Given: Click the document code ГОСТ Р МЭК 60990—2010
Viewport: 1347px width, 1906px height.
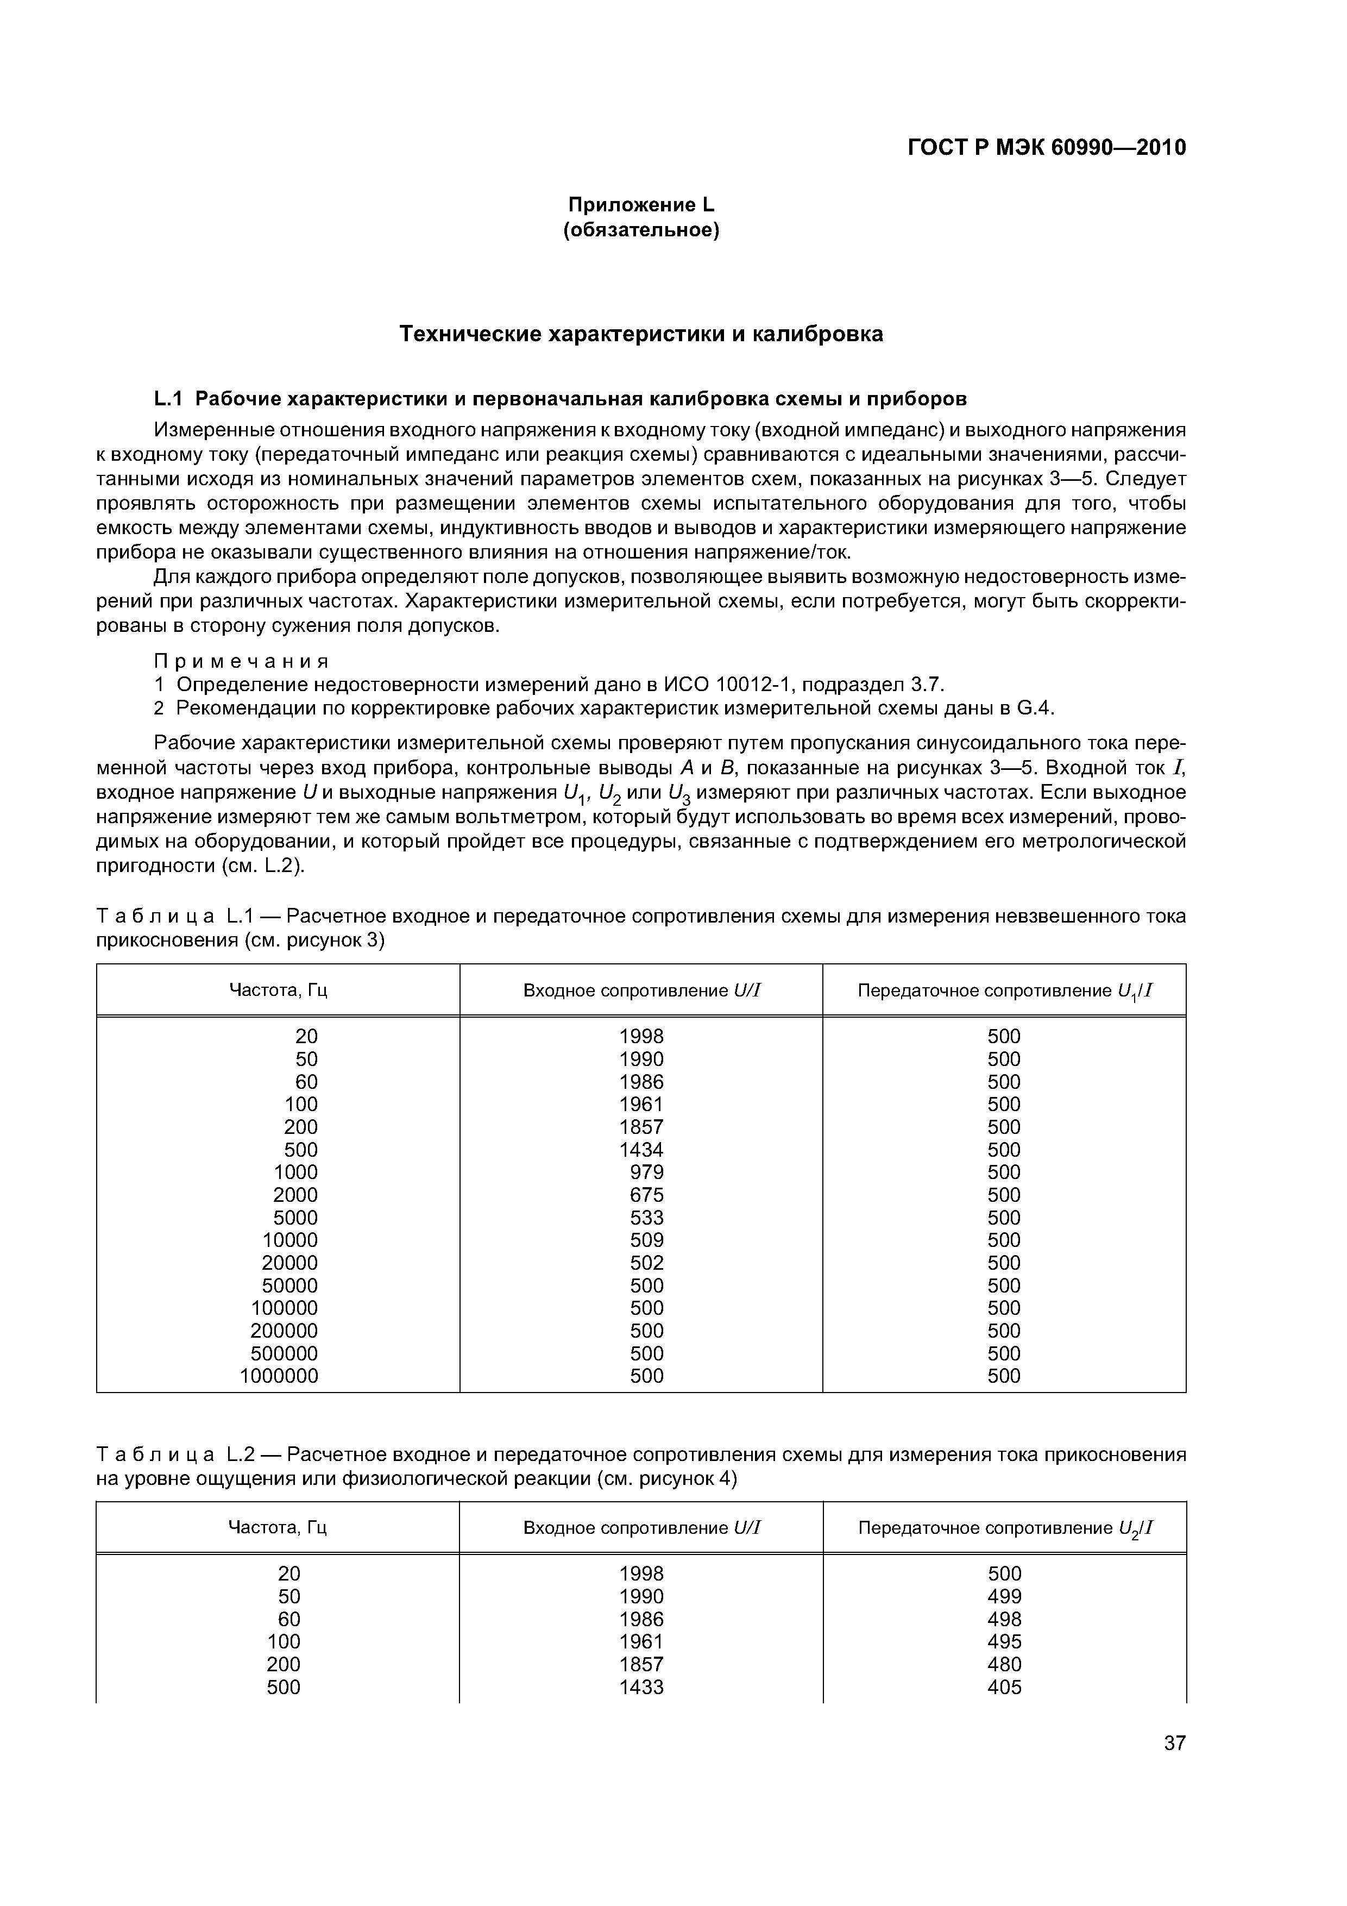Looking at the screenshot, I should (1047, 148).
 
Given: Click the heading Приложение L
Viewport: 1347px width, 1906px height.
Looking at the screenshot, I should (641, 204).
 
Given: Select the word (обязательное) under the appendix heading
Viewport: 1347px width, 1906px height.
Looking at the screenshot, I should (641, 230).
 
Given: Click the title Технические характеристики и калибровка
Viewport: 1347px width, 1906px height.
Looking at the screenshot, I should (641, 334).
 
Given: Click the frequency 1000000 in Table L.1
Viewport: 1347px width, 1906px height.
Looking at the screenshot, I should (279, 1376).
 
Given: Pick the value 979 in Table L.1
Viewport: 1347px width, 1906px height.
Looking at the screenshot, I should (647, 1172).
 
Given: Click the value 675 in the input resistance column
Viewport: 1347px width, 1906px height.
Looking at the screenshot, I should (647, 1195).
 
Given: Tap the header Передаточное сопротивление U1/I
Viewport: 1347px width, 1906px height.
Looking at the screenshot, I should (1005, 991).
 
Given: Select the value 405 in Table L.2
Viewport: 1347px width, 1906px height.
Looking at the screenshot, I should (1004, 1687).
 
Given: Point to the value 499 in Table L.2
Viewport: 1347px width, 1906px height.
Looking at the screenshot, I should (1004, 1596).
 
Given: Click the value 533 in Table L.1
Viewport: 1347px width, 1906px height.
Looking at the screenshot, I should (647, 1218).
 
